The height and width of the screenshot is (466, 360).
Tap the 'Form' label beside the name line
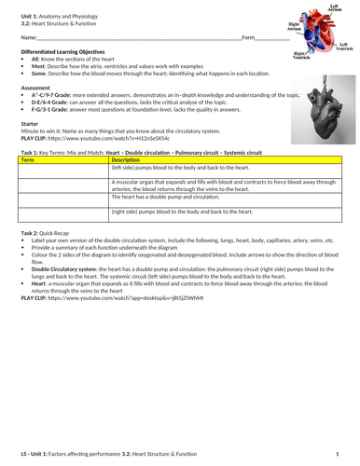click(248, 36)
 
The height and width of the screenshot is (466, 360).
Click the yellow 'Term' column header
click(27, 160)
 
